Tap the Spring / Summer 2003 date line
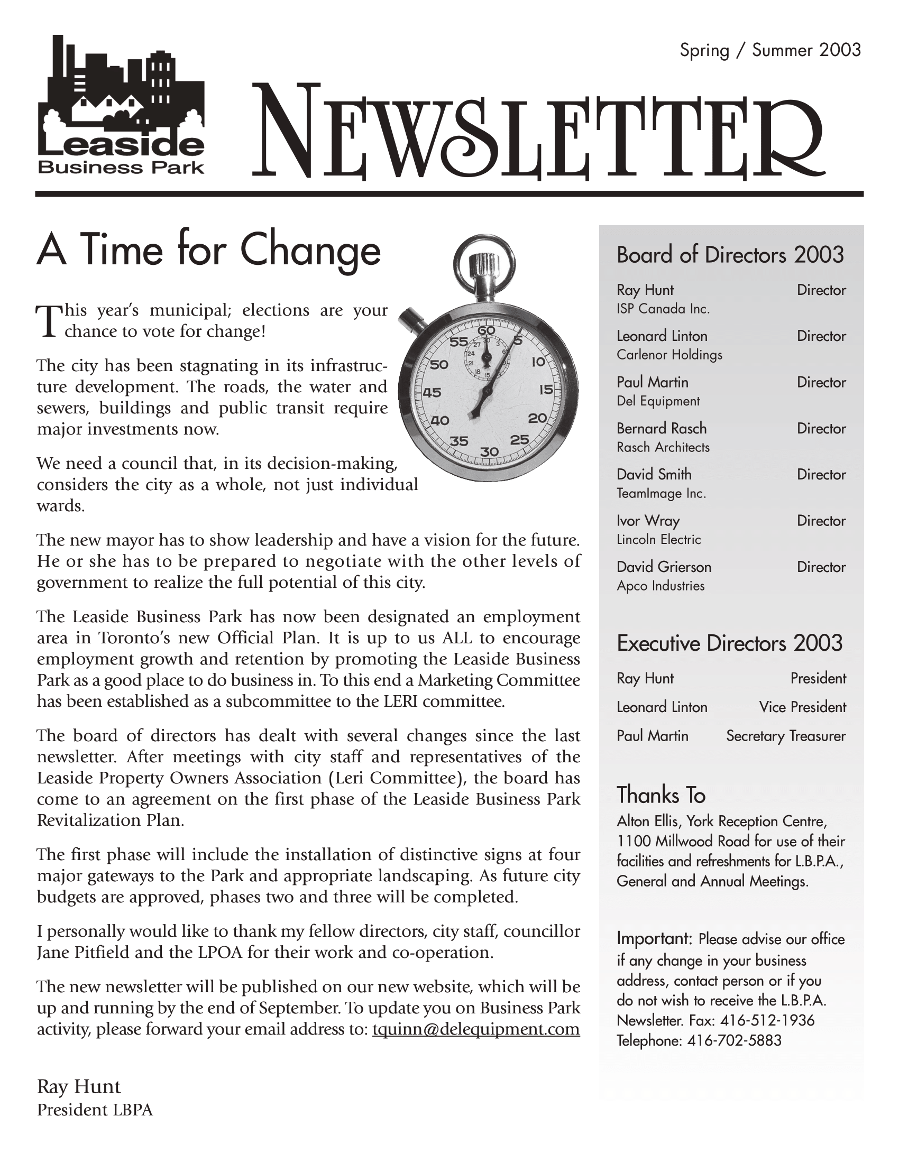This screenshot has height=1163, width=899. tap(769, 51)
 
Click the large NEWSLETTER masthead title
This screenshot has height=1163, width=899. tap(538, 132)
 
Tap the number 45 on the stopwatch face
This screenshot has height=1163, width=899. tap(432, 392)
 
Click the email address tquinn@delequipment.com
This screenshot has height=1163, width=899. tap(475, 1029)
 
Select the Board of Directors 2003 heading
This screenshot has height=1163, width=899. tap(730, 255)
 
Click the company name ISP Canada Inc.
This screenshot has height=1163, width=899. tap(663, 309)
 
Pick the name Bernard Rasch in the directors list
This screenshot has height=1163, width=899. tap(662, 428)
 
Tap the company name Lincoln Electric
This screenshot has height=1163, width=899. tap(659, 539)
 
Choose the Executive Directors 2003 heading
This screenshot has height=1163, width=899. tap(729, 643)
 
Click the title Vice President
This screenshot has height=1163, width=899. tap(802, 707)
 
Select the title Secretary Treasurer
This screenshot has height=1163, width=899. tap(785, 736)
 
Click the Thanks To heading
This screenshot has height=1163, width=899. tap(661, 795)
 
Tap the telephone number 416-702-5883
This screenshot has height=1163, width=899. tap(734, 1040)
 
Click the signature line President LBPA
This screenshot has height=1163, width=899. tap(95, 1110)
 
